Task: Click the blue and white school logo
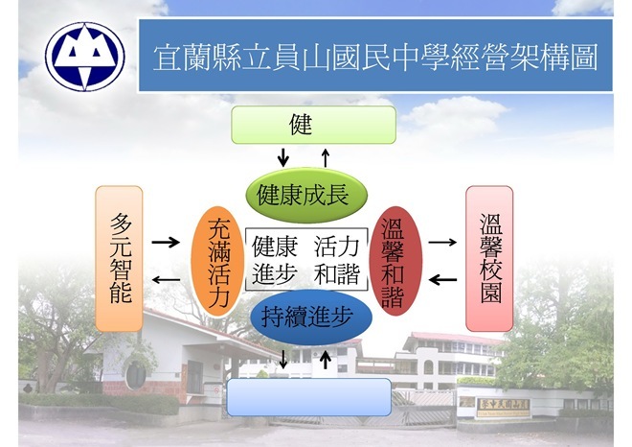click(85, 57)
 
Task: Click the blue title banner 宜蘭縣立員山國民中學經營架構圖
click(375, 56)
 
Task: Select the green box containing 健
click(313, 125)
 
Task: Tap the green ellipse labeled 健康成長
click(306, 196)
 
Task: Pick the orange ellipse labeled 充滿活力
click(217, 262)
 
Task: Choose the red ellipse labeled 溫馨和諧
click(395, 262)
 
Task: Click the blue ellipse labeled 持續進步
click(311, 317)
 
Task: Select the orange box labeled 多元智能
click(120, 259)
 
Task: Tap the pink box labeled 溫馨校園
click(489, 259)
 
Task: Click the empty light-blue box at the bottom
click(309, 397)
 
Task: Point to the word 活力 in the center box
click(336, 247)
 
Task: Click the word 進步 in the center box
click(275, 274)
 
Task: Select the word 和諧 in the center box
click(336, 274)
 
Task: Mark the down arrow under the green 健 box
click(283, 157)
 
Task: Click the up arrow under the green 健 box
click(326, 157)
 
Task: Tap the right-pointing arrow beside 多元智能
click(166, 243)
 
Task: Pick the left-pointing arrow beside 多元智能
click(166, 279)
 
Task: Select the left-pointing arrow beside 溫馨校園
click(442, 279)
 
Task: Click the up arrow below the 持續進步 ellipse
click(326, 360)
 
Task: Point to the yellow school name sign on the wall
click(504, 408)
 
